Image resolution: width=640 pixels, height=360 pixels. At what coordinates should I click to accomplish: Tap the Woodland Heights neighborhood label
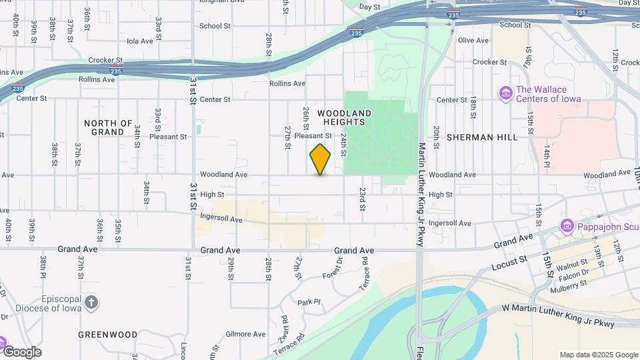[x=344, y=117]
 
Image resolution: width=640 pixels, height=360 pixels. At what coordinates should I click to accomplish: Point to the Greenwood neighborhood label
[x=108, y=335]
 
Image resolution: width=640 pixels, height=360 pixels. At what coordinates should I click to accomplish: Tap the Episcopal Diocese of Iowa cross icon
[x=91, y=303]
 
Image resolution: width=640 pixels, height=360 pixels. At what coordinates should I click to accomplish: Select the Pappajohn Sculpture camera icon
[x=567, y=226]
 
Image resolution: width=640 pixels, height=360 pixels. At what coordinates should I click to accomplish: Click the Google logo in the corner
[x=22, y=351]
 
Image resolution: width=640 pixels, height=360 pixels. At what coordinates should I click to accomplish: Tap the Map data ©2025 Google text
[x=598, y=355]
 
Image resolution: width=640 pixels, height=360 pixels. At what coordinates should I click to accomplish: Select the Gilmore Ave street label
[x=246, y=334]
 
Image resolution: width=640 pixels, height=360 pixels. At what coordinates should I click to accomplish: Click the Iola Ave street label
[x=140, y=41]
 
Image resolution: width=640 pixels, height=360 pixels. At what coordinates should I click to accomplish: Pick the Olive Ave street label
[x=473, y=41]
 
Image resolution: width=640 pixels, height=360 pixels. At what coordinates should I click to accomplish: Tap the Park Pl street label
[x=309, y=302]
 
